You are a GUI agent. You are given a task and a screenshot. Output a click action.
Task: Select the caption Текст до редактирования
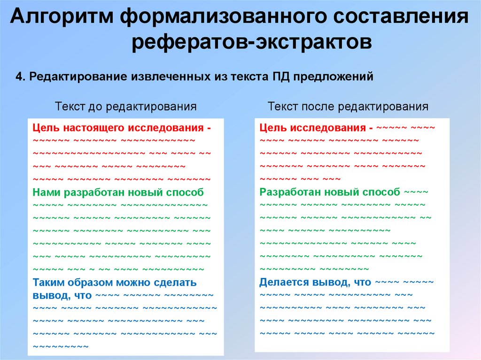point(125,107)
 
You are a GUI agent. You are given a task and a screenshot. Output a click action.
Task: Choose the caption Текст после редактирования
point(348,107)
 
